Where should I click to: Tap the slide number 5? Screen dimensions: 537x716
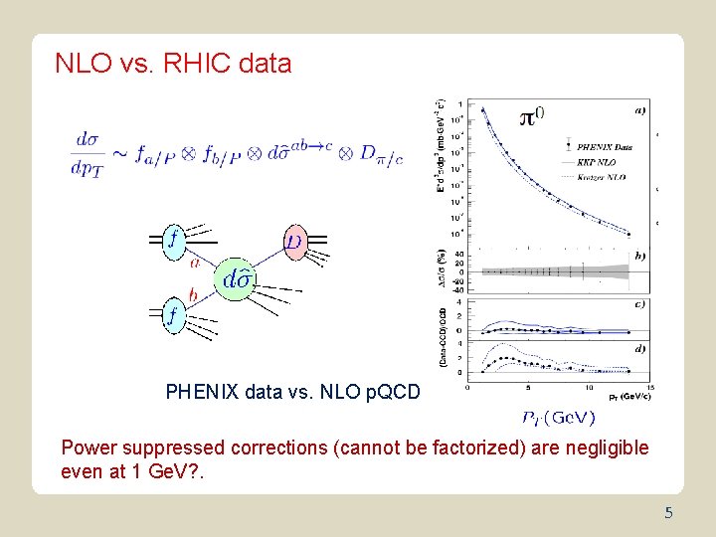pyautogui.click(x=669, y=513)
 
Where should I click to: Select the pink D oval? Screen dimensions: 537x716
pyautogui.click(x=294, y=242)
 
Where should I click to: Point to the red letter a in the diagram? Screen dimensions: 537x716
pyautogui.click(x=194, y=263)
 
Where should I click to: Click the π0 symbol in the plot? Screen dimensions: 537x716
pyautogui.click(x=532, y=117)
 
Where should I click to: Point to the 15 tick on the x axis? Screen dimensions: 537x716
pyautogui.click(x=649, y=389)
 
